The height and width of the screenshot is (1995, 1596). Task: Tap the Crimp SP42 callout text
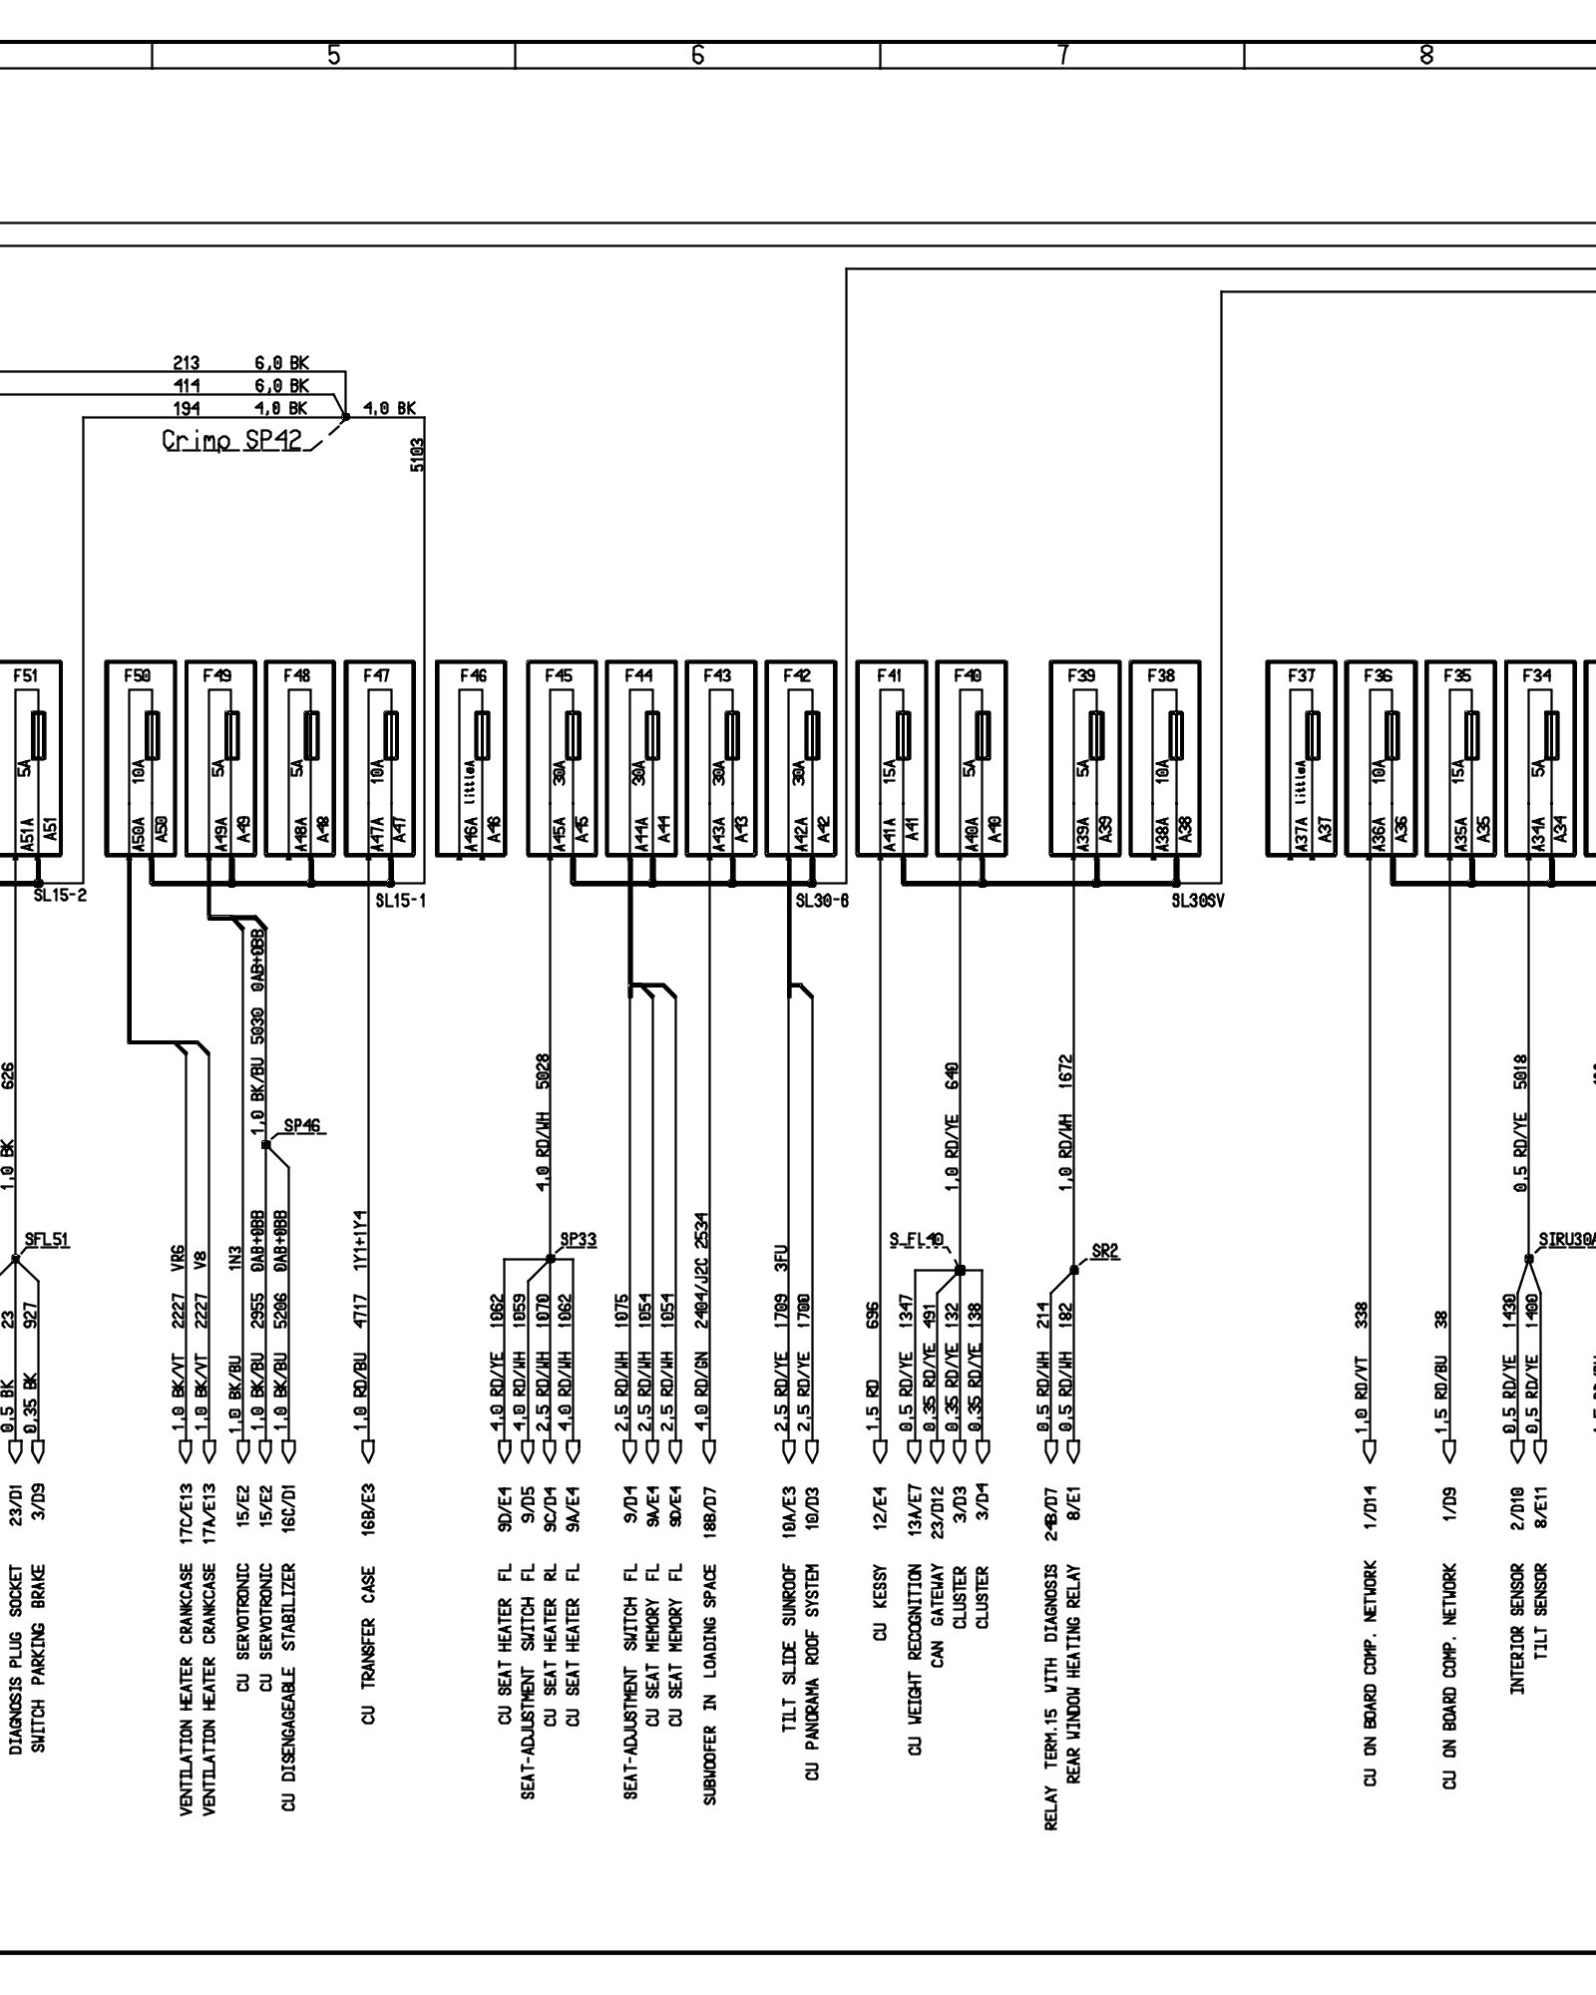click(x=232, y=440)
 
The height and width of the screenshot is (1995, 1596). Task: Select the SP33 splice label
click(x=579, y=1240)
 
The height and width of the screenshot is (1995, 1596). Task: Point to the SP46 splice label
click(x=302, y=1126)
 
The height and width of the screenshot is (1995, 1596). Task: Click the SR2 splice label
click(x=1105, y=1252)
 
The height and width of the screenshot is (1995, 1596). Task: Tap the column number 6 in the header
click(x=698, y=56)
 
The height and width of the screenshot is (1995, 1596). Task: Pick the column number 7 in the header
click(x=1063, y=56)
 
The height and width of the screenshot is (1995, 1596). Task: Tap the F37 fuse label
click(x=1301, y=675)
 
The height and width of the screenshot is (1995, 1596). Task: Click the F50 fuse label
click(x=138, y=675)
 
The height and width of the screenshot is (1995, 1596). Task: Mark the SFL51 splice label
click(x=47, y=1240)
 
